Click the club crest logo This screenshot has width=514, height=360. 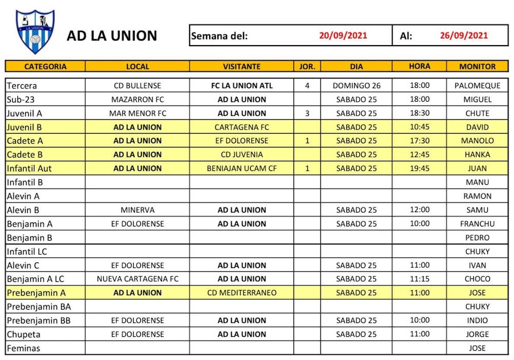tap(35, 32)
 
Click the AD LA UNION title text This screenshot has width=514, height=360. tap(112, 36)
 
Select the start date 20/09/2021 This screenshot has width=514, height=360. tap(343, 35)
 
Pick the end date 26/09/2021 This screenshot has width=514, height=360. tap(464, 35)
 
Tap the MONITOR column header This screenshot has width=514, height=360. tap(478, 66)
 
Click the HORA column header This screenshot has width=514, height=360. tap(419, 66)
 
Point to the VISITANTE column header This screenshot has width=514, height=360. tap(242, 66)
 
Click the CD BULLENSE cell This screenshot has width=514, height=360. tap(137, 86)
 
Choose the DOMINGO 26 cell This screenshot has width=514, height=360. tap(356, 86)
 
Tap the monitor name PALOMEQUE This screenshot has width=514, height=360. tap(478, 86)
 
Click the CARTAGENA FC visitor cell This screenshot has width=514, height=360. tap(242, 127)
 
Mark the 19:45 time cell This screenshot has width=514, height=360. tap(419, 168)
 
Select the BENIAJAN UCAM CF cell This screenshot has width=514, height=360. tap(242, 168)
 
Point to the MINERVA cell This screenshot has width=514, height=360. tap(137, 210)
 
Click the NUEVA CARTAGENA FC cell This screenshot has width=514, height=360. tap(137, 279)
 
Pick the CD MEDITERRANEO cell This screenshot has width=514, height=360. tap(242, 293)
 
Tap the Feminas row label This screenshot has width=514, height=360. tap(23, 348)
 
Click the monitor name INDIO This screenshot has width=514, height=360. tap(478, 320)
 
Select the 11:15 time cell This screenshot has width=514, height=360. tap(419, 279)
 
